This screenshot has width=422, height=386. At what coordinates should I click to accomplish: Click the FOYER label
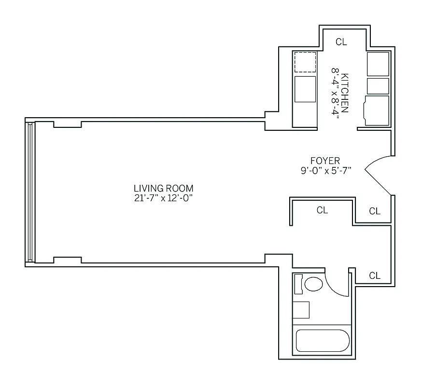click(x=325, y=161)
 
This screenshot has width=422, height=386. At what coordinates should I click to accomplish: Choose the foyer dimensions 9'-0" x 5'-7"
click(x=325, y=170)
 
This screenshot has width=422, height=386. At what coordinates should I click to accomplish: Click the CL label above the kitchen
click(x=341, y=42)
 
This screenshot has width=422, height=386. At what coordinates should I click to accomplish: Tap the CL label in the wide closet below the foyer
click(x=322, y=210)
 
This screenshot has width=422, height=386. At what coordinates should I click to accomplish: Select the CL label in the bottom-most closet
click(x=375, y=276)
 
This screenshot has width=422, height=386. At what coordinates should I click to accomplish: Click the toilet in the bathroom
click(x=313, y=284)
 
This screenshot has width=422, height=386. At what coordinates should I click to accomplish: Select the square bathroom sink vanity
click(x=301, y=310)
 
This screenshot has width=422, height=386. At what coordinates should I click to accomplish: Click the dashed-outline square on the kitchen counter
click(x=305, y=62)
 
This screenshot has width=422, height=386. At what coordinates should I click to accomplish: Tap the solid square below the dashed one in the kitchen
click(x=305, y=89)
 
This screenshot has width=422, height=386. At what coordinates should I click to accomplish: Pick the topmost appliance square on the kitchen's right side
click(x=378, y=64)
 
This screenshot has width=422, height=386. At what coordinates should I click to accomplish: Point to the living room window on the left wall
click(x=30, y=192)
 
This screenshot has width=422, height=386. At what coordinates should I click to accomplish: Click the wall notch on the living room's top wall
click(x=67, y=124)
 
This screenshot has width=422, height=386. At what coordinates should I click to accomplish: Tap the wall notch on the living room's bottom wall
click(x=67, y=260)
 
